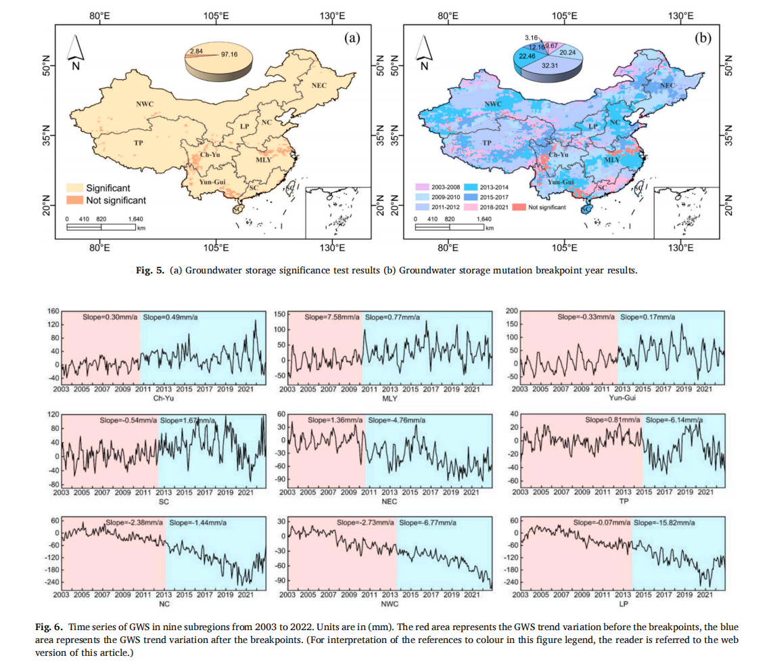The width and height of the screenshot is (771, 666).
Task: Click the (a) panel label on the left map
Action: point(352,39)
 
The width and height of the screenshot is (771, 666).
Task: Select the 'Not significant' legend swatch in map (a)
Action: point(74,200)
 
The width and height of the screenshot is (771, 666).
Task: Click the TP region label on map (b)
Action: point(486,143)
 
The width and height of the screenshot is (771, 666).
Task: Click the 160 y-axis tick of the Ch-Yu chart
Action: point(52,312)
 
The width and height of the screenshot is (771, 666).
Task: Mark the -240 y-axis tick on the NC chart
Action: point(50,582)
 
